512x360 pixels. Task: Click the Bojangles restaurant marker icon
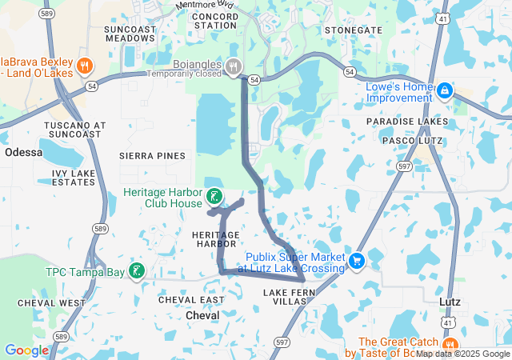tap(234, 66)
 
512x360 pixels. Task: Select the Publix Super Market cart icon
tap(357, 260)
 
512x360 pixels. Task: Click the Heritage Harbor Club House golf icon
tap(214, 196)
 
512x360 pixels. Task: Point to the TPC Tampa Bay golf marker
tap(137, 271)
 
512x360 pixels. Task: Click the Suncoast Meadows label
tap(130, 33)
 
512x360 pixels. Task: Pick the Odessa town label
tap(23, 152)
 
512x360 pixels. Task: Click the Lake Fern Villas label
tap(285, 297)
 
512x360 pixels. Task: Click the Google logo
tap(26, 350)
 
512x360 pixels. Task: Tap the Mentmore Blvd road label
tap(210, 5)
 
